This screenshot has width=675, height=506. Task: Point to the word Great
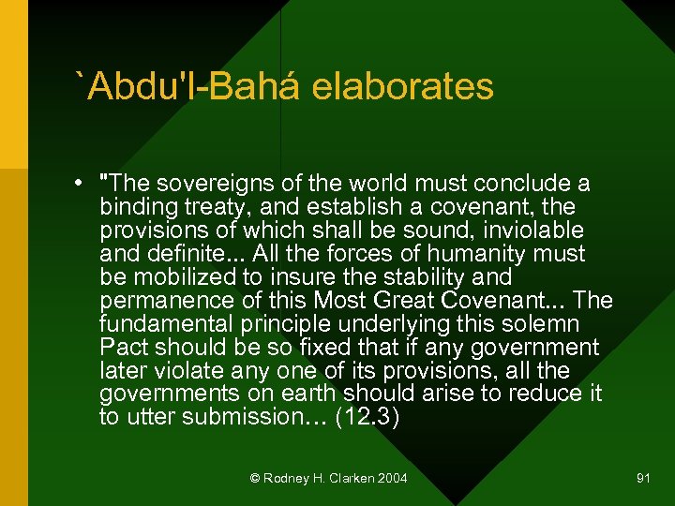(397, 301)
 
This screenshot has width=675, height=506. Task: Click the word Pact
(122, 348)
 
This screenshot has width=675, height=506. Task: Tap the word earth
(303, 394)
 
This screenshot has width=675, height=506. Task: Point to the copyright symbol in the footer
(255, 478)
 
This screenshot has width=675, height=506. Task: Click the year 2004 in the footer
(392, 478)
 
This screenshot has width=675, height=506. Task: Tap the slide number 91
(643, 478)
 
